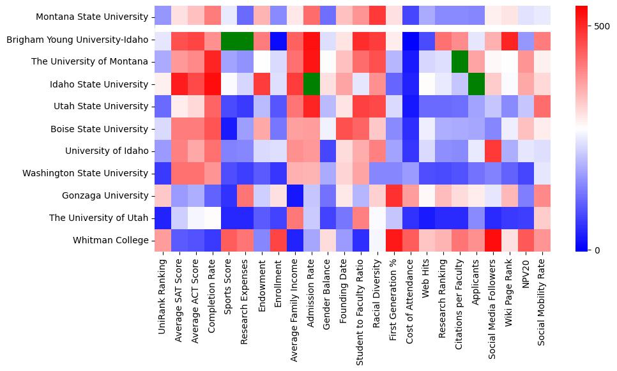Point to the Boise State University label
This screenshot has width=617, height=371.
pos(104,128)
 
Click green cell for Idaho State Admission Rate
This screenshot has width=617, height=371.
pos(311,84)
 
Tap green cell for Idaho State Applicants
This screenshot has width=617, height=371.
pos(476,84)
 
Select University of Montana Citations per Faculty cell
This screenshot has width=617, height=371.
pos(460,61)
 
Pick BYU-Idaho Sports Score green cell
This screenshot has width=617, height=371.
pos(228,39)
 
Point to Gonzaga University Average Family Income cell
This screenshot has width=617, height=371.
pos(294,195)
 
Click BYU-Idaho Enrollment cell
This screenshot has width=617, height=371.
pos(278,39)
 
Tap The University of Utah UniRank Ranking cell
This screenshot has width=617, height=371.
pos(162,218)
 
